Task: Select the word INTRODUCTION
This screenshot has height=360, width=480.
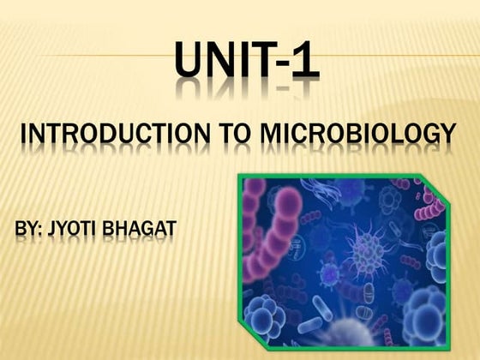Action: (111, 135)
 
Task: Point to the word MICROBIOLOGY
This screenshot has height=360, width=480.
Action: (358, 135)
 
